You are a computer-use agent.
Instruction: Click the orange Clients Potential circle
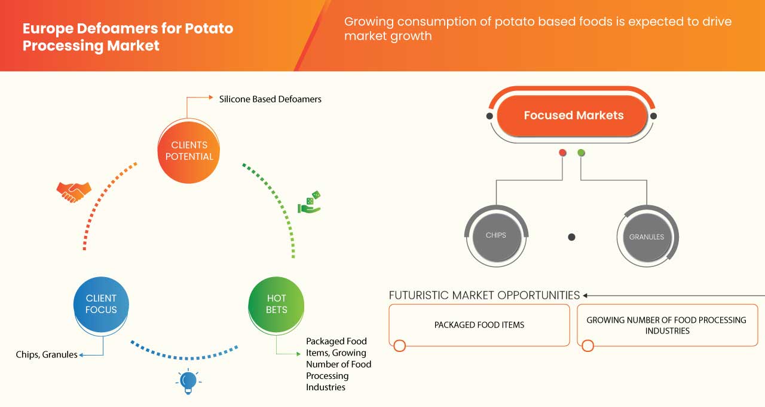point(188,151)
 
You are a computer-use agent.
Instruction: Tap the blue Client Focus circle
point(101,304)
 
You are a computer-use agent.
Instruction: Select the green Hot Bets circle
point(276,304)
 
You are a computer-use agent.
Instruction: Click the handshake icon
point(74,192)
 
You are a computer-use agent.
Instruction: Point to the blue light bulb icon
point(188,381)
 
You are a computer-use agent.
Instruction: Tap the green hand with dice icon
point(310,202)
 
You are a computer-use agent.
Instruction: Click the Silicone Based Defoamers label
point(270,99)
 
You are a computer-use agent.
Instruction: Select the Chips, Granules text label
point(47,354)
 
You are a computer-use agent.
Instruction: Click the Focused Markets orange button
point(573,116)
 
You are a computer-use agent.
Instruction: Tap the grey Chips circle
point(495,235)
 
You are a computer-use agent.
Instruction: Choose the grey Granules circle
point(647,237)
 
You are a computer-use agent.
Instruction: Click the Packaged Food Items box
point(479,325)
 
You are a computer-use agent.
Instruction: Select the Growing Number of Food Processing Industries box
point(666,325)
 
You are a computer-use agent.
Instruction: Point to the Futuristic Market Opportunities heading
point(484,295)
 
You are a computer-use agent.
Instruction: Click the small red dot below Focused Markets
point(562,153)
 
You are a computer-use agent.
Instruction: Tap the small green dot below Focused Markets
point(582,153)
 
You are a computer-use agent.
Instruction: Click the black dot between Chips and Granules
point(571,237)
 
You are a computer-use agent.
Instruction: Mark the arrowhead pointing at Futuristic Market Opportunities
point(586,295)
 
